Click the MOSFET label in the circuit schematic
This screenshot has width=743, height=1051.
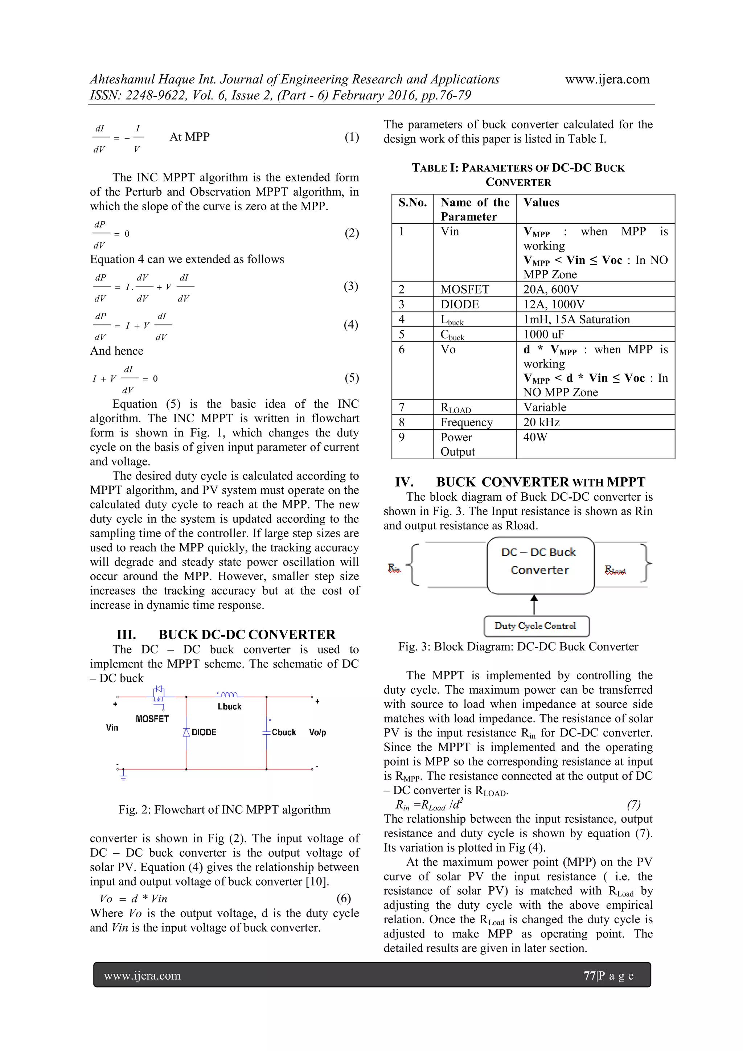point(152,719)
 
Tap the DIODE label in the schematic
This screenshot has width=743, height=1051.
point(204,732)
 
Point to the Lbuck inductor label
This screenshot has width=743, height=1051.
point(229,706)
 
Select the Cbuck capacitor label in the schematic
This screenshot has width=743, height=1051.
point(283,732)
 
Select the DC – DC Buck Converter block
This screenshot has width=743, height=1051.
point(540,565)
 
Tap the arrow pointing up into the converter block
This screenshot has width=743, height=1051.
point(534,603)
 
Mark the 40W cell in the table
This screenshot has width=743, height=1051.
point(535,437)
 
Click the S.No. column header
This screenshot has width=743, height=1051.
point(412,203)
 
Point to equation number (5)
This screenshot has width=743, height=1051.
point(352,378)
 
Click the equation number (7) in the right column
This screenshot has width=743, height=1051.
point(633,804)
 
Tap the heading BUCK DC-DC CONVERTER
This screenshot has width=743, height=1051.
point(247,635)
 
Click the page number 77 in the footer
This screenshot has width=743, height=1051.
point(589,976)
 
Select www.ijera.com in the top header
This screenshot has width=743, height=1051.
point(607,79)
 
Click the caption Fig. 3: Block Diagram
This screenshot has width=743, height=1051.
point(518,646)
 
